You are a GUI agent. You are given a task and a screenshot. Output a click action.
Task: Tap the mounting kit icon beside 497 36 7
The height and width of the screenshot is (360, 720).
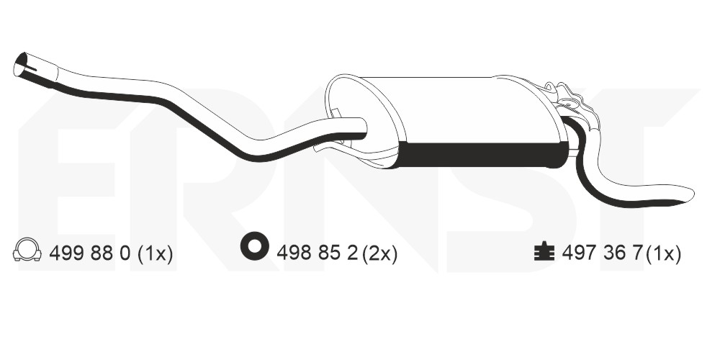(544, 251)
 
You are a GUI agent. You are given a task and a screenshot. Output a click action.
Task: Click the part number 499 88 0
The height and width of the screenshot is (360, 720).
(90, 253)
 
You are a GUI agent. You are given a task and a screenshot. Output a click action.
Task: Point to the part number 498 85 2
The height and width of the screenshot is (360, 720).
(317, 253)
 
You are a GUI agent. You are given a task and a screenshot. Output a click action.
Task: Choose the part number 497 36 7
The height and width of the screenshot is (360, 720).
(601, 253)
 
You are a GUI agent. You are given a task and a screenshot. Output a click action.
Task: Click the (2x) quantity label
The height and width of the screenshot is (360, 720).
(379, 253)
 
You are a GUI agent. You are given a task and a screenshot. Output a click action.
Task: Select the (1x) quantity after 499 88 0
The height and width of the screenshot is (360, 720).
(156, 253)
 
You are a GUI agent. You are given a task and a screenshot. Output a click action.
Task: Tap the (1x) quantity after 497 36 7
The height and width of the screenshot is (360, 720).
(663, 253)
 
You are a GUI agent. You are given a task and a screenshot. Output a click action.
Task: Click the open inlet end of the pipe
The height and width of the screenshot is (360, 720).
(21, 64)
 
